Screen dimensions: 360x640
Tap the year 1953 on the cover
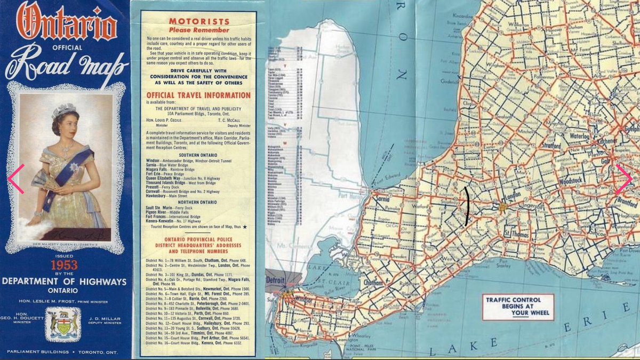[x=64, y=265]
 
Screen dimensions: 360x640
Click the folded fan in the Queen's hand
[x=43, y=180]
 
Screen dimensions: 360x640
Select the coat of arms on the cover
[x=63, y=323]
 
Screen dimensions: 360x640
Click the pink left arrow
[x=15, y=179]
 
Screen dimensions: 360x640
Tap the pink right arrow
[x=623, y=179]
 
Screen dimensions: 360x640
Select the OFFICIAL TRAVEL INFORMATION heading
[x=198, y=95]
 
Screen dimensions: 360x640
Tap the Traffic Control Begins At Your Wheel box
[x=517, y=307]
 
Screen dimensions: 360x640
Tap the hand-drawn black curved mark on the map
[x=467, y=206]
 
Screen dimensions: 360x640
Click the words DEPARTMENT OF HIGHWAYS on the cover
[x=64, y=281]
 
